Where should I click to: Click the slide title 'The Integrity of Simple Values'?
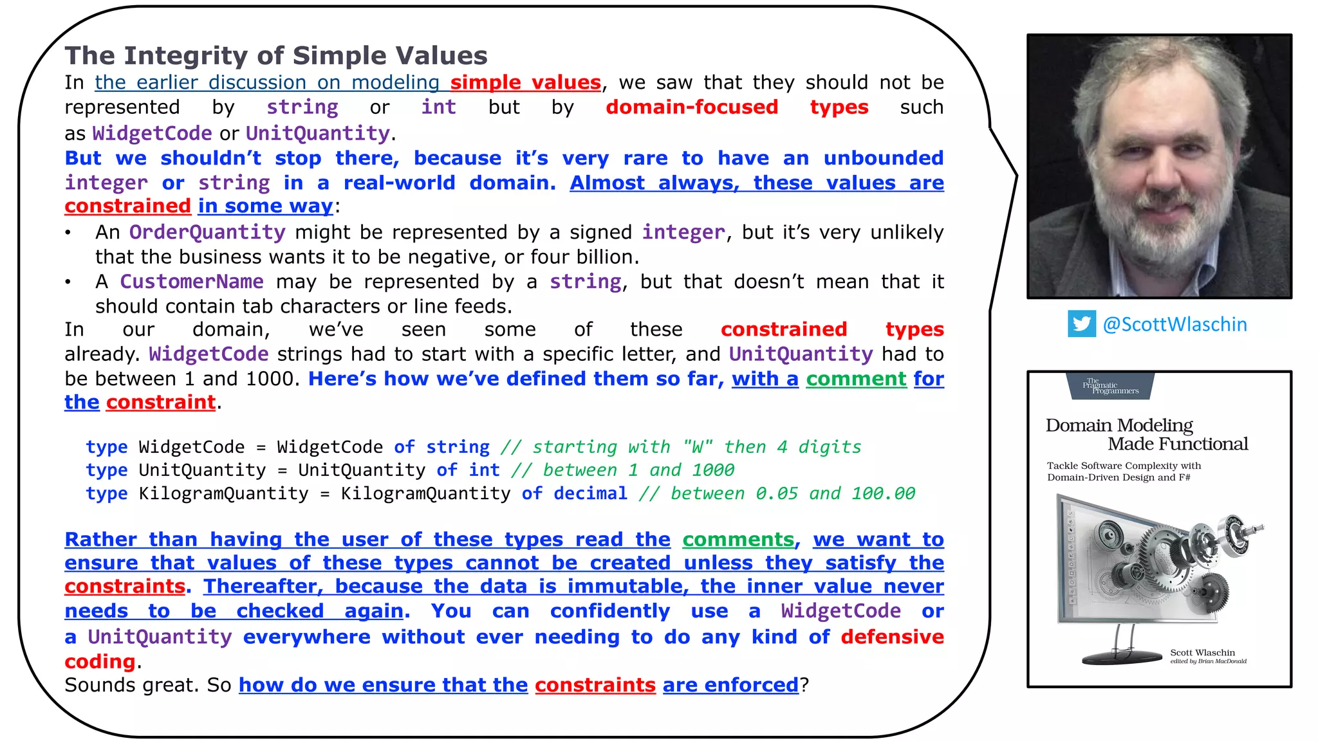pyautogui.click(x=276, y=56)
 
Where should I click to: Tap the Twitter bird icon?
pyautogui.click(x=1081, y=324)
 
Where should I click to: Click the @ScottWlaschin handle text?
pyautogui.click(x=1174, y=324)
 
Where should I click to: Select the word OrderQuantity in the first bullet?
pyautogui.click(x=207, y=232)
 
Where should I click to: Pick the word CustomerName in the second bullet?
pyautogui.click(x=192, y=282)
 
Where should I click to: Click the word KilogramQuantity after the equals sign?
pyautogui.click(x=425, y=493)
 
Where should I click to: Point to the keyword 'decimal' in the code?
pyautogui.click(x=590, y=493)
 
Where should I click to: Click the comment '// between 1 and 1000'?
pyautogui.click(x=622, y=470)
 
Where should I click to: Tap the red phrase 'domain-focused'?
pyautogui.click(x=692, y=107)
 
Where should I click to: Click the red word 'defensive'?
pyautogui.click(x=892, y=636)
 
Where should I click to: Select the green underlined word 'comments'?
pyautogui.click(x=738, y=539)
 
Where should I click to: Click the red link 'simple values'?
pyautogui.click(x=525, y=82)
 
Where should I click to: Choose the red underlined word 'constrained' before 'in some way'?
pyautogui.click(x=127, y=206)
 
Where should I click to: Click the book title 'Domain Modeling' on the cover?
pyautogui.click(x=1119, y=425)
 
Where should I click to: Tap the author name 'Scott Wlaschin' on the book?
pyautogui.click(x=1202, y=652)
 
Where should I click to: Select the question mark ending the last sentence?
pyautogui.click(x=804, y=685)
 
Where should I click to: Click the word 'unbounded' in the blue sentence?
pyautogui.click(x=883, y=158)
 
